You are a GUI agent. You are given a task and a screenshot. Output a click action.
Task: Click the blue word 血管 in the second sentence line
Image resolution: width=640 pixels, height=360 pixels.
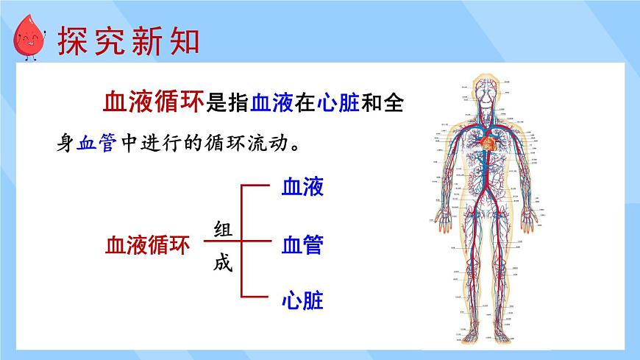[x=96, y=143]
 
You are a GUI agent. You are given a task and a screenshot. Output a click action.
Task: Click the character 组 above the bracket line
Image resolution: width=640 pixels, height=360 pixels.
[x=223, y=229]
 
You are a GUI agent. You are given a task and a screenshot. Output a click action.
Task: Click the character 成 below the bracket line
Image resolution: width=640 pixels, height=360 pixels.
[x=223, y=263]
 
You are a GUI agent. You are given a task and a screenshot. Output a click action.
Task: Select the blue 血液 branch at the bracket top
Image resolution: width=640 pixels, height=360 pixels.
[x=302, y=187]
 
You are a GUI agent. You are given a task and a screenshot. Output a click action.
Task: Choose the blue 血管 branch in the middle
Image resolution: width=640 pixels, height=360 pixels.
[x=302, y=244]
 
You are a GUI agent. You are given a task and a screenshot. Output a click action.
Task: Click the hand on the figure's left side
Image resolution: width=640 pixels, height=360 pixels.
[x=444, y=216]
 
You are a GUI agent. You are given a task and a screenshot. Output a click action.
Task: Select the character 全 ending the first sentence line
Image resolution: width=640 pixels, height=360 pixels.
[x=394, y=105]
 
